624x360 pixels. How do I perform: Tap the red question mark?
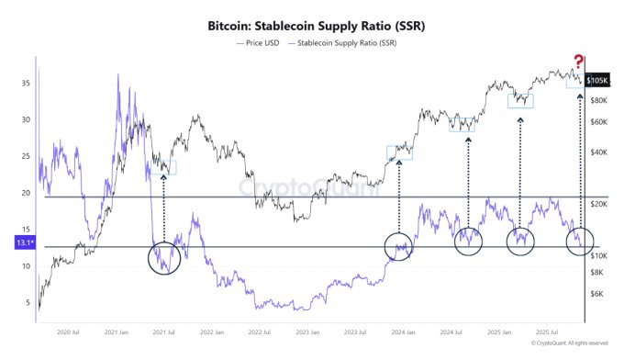(578, 61)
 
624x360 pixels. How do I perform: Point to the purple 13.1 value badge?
(24, 243)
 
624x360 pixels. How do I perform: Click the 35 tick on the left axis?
(27, 83)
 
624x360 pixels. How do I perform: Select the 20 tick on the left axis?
(27, 193)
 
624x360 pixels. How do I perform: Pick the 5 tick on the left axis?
(27, 303)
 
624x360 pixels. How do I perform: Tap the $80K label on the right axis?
(600, 100)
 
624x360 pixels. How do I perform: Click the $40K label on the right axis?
(600, 152)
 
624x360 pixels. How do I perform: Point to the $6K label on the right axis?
(598, 294)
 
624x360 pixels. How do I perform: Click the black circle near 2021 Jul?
(165, 257)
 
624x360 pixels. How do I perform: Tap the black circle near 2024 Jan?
(399, 246)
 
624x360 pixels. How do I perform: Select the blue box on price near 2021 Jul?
(168, 167)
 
